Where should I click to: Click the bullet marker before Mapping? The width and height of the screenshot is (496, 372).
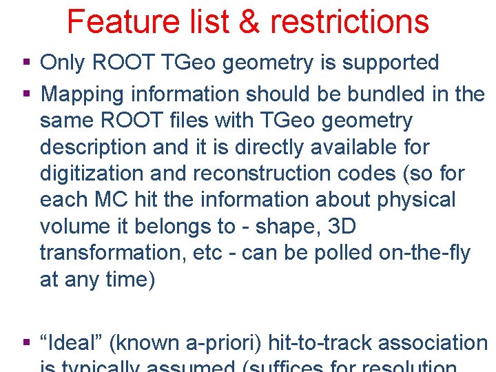coord(27,93)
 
